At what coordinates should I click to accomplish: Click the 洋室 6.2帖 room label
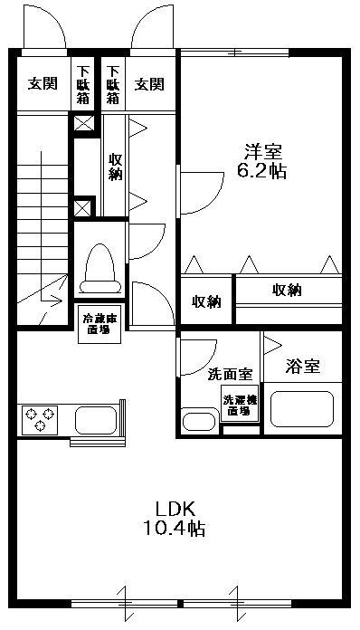pos(263,161)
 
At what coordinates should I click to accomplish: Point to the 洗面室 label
pos(230,373)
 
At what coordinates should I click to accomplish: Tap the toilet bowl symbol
pos(97,269)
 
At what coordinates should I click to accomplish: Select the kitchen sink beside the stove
pos(96,420)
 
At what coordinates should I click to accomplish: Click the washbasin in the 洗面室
pos(197,421)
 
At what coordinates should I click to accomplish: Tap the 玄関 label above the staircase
pos(43,84)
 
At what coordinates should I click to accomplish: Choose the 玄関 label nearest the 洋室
pos(149,84)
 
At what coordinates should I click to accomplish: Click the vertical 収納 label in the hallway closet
pos(115,165)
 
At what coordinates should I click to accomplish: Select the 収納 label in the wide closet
pos(288,290)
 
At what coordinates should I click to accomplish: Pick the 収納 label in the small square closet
pos(206,301)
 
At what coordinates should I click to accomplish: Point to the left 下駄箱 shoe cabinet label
pos(84,83)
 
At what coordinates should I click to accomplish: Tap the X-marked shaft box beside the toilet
pos(83,208)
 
